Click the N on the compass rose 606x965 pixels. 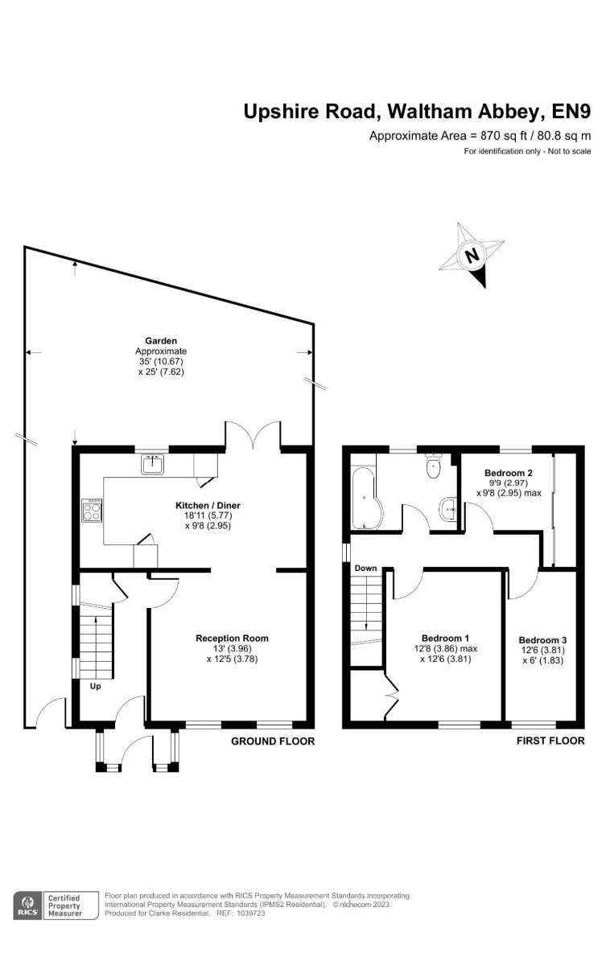(473, 256)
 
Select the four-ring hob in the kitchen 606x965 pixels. (92, 511)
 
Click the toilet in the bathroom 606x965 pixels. (432, 466)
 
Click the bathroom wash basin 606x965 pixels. (449, 510)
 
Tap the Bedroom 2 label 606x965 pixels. (508, 473)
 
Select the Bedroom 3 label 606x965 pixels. (542, 640)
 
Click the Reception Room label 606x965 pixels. (232, 638)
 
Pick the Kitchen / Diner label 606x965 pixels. (208, 505)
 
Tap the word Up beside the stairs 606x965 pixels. (95, 686)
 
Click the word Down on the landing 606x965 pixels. (365, 569)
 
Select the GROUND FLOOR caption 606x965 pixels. (273, 741)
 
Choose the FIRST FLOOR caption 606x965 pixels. (550, 741)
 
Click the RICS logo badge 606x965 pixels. (28, 905)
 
